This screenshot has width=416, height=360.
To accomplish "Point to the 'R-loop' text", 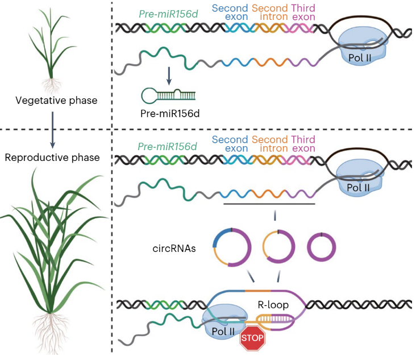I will pos(272,305).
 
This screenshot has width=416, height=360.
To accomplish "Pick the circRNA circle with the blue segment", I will pos(232,247).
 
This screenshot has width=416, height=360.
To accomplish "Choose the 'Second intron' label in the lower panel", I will pos(269,144).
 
